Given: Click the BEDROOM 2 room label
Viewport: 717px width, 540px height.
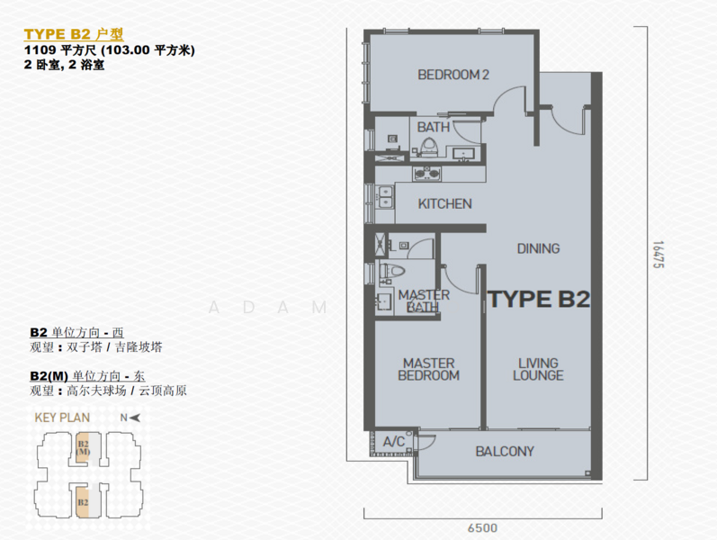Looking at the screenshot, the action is (453, 75).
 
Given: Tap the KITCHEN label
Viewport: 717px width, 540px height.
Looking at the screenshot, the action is (444, 203).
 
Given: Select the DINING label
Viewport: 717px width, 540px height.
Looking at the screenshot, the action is (538, 248).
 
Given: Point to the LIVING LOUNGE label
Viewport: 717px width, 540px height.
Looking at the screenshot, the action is (538, 369).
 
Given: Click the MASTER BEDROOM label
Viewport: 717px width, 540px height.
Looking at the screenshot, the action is (428, 369).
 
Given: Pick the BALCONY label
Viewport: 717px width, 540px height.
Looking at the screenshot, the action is (505, 452).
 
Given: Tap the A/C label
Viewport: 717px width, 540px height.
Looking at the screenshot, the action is (394, 442).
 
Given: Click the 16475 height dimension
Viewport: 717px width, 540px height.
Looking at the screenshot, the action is (658, 255).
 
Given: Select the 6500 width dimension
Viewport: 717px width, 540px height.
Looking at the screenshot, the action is (482, 528).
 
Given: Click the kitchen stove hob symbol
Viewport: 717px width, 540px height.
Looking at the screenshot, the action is (427, 174).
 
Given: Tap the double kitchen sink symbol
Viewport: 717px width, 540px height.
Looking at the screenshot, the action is (385, 197).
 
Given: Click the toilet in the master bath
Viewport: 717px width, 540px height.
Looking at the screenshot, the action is (392, 271).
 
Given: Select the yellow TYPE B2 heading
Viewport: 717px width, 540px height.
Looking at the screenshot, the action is (74, 34).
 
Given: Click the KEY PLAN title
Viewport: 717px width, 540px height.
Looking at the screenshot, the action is (62, 418).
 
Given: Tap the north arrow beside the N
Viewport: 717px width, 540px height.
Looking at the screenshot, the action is (134, 418).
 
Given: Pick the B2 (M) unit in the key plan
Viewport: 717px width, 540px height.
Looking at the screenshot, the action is (84, 446).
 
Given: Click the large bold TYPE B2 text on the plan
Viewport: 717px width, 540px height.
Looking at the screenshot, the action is (539, 300).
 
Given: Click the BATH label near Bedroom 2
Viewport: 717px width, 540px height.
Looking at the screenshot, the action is (433, 127).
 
